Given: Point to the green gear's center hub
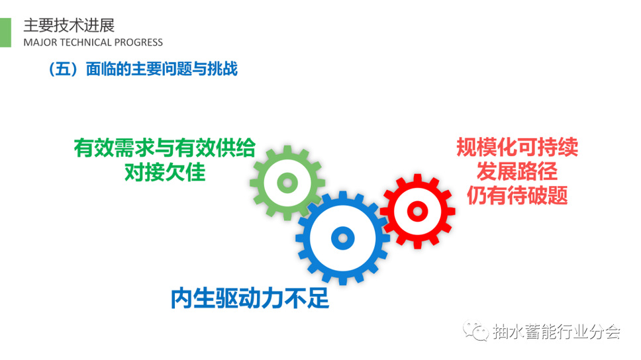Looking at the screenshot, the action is point(287,183).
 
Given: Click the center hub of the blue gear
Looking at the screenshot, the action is point(342,238).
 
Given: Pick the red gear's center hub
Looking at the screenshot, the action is point(417,211).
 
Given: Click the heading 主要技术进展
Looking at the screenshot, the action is point(69,25).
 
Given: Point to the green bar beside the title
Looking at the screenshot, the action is point(5,32).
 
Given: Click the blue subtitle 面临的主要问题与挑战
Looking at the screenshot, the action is point(162,69).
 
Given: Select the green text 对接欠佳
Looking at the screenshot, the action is point(165,172).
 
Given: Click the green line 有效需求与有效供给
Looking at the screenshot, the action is point(165,148).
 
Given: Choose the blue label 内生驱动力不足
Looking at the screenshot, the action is point(250,298).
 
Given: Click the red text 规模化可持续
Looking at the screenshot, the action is point(517,147).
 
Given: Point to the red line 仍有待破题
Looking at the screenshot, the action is point(517,195).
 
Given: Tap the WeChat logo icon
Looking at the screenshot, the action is point(475,330).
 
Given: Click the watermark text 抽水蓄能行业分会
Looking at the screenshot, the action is point(556,332).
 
